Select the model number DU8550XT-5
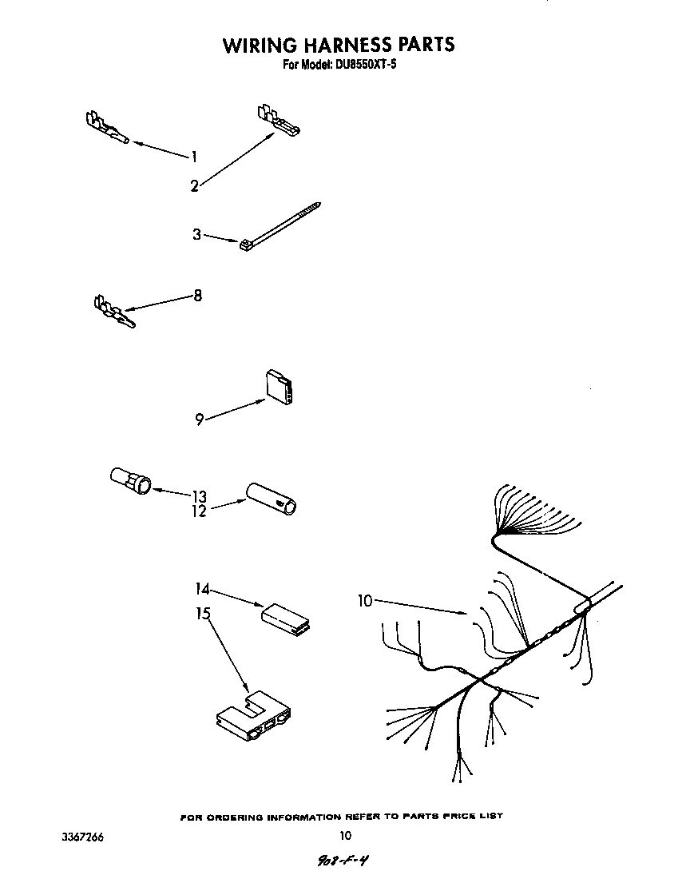coord(363,65)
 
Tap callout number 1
coord(193,157)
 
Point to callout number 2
coord(194,186)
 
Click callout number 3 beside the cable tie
coord(196,234)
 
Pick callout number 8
coord(197,296)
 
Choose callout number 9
coord(200,418)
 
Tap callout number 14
coord(202,590)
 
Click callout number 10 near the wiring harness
coord(365,601)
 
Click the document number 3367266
coord(83,837)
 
